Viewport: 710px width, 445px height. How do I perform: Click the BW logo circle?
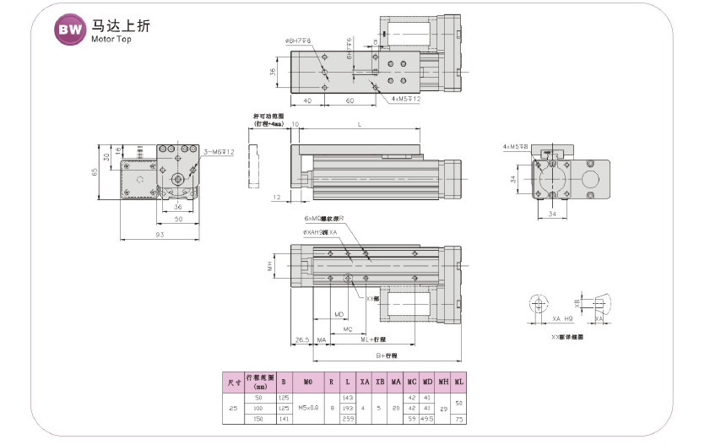pos(69,30)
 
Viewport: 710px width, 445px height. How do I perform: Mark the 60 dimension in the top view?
pos(349,100)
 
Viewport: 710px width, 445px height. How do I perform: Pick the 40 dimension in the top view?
pos(307,100)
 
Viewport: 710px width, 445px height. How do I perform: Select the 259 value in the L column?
pos(346,418)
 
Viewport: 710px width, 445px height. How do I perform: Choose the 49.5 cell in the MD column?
pos(427,418)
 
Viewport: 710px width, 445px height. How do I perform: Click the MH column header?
pos(443,381)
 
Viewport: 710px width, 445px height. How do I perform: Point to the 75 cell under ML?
pos(458,418)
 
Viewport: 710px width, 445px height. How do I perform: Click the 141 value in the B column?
pos(285,418)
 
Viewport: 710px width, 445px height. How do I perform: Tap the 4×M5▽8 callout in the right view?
pos(514,148)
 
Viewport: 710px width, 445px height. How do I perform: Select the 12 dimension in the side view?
pos(277,196)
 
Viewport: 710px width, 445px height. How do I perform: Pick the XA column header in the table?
pos(364,381)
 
